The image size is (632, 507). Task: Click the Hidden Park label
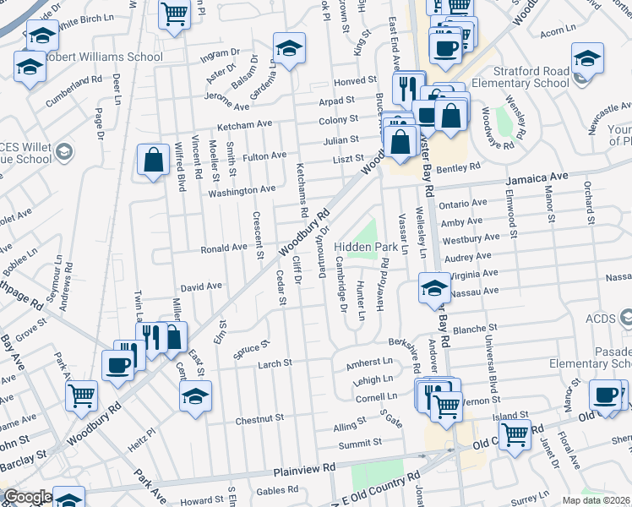[365, 247]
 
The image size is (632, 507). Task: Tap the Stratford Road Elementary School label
[520, 77]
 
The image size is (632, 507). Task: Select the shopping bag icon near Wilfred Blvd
[153, 161]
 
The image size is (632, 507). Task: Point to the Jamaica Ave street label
[537, 178]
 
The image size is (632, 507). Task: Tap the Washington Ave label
[242, 191]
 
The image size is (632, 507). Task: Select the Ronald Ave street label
[223, 248]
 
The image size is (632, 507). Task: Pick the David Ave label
[201, 287]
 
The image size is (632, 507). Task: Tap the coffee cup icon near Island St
[607, 395]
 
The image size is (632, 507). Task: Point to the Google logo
[28, 498]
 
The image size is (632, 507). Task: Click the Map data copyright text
[596, 500]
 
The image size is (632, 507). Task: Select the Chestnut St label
[259, 419]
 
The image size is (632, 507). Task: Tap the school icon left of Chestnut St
[196, 395]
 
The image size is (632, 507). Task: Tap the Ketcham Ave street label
[245, 124]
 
